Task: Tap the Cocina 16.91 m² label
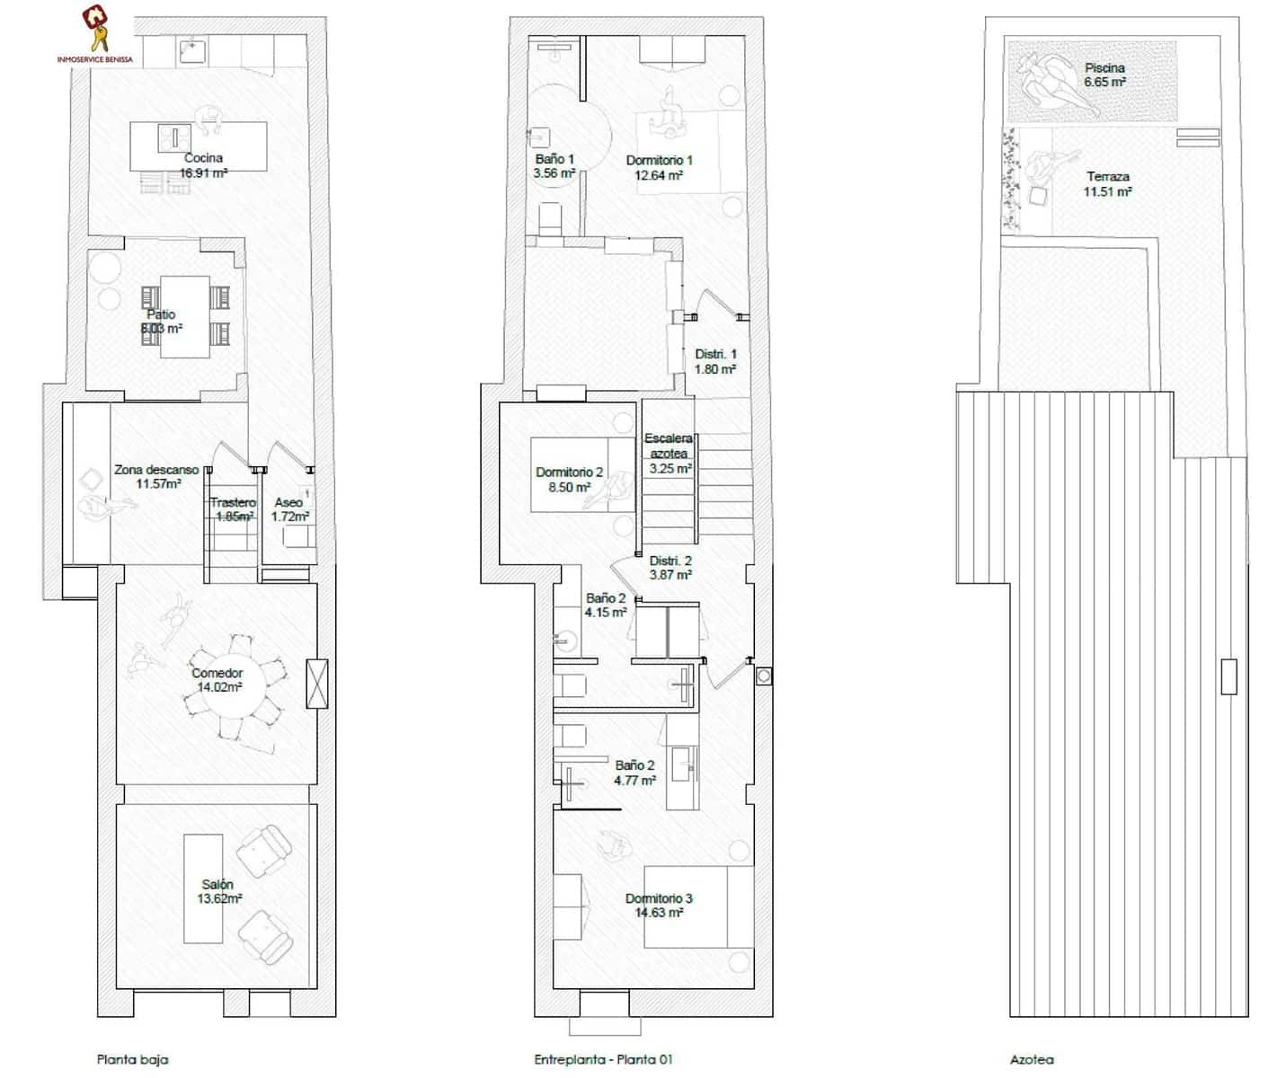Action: point(203,165)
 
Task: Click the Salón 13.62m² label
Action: point(218,891)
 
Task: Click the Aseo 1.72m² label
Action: point(289,509)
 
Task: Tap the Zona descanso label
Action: point(156,476)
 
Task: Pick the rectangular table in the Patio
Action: point(185,316)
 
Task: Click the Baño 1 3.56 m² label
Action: point(554,166)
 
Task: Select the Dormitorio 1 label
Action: point(659,168)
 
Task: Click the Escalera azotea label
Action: point(669,453)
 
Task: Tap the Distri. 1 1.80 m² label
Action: point(715,361)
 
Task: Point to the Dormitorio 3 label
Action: point(659,905)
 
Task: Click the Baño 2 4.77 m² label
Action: point(634,773)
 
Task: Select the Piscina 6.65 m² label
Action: point(1104,75)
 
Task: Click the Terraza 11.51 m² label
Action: point(1107,184)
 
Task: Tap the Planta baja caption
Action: point(132,1059)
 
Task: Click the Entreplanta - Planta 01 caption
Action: point(603,1059)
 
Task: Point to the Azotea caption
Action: point(1031,1059)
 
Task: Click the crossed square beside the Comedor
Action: point(317,684)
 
